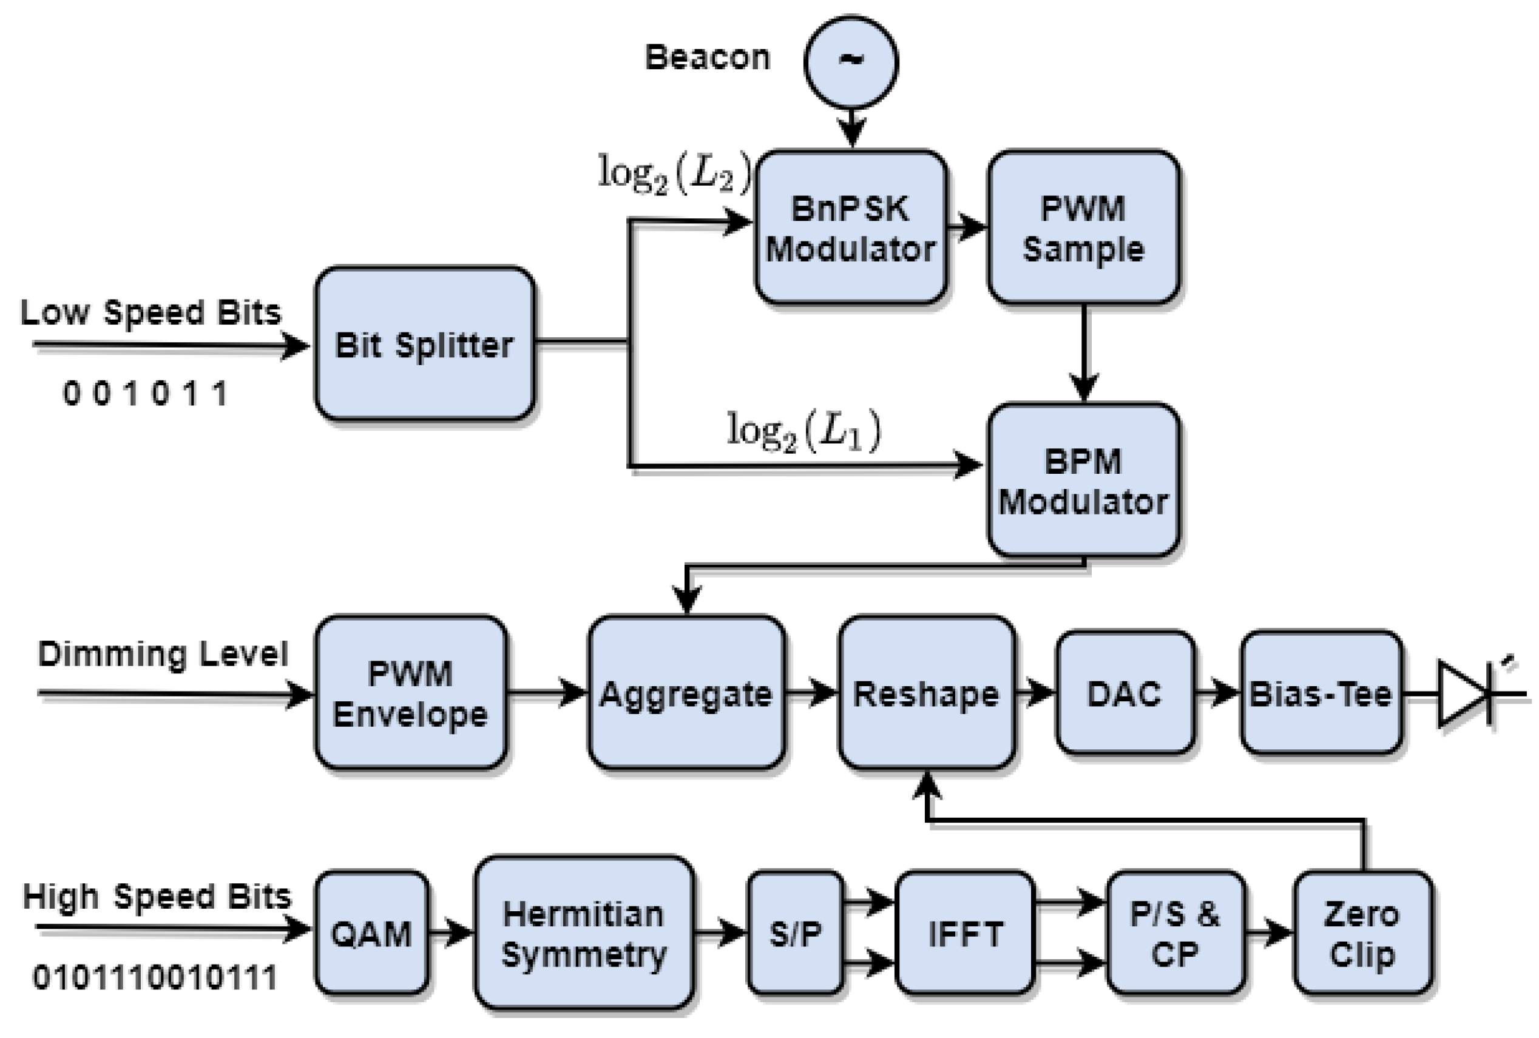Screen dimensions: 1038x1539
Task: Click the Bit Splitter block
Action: click(424, 344)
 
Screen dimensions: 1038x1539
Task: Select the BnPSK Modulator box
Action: click(850, 227)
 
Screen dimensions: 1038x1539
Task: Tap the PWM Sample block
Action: click(1083, 227)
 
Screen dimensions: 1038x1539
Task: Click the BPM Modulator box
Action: click(1083, 480)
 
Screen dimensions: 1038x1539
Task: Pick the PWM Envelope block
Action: click(411, 693)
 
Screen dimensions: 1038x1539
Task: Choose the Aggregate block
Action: click(686, 693)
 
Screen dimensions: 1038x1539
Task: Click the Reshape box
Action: click(927, 693)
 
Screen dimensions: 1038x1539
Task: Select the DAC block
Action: click(1125, 693)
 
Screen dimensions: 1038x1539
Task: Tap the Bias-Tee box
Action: click(1321, 693)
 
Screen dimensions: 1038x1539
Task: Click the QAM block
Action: click(371, 934)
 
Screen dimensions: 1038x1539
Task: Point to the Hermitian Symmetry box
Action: click(583, 934)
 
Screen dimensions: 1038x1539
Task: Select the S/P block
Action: click(796, 934)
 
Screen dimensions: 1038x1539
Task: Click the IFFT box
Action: click(965, 934)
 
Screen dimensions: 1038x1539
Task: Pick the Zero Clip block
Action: click(1363, 934)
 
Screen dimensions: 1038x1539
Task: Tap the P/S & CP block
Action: click(1175, 934)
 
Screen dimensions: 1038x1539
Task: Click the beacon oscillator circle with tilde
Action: click(851, 61)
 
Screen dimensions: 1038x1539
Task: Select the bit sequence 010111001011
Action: click(155, 978)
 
